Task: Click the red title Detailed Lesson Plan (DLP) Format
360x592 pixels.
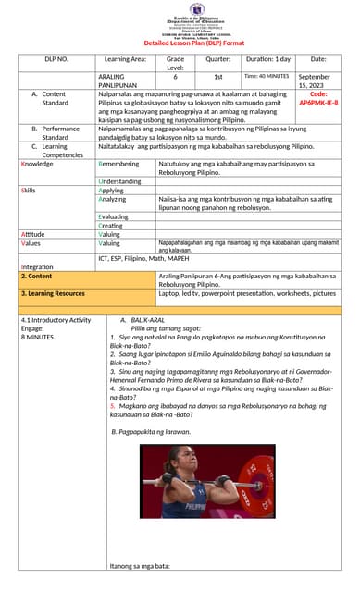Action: pos(194,43)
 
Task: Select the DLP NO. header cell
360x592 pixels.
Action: pos(57,59)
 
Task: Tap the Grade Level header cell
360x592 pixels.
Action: pos(175,63)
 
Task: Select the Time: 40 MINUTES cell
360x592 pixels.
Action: pos(267,76)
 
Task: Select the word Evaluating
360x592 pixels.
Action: pos(113,216)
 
